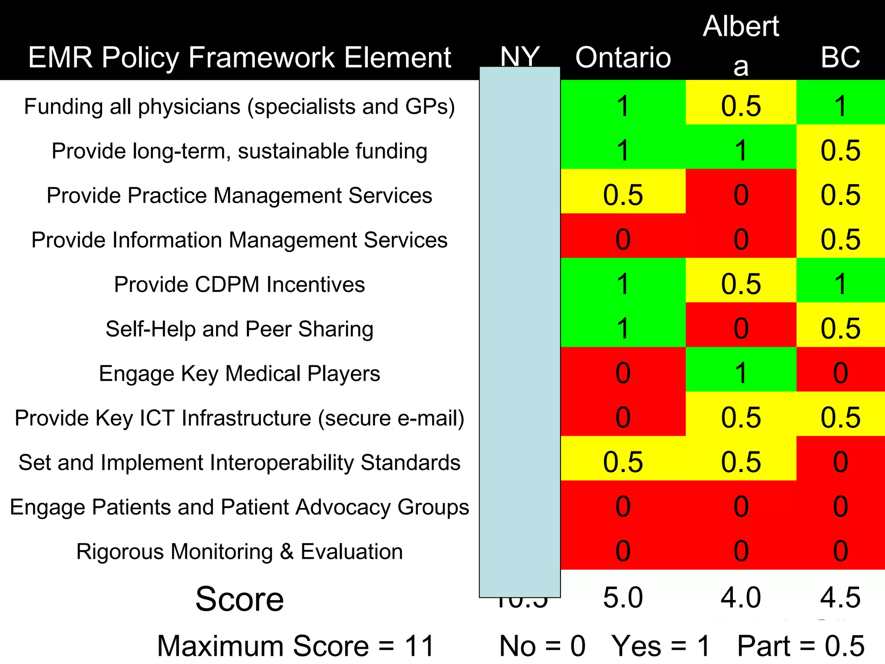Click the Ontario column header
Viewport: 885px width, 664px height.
623,57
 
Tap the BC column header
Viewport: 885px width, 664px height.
840,57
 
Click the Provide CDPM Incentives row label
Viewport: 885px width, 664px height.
239,284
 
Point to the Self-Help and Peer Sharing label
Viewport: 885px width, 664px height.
239,329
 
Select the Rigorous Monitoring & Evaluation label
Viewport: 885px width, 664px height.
239,552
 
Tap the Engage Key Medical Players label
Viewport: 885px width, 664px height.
239,373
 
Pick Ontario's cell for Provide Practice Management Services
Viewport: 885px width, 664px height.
623,195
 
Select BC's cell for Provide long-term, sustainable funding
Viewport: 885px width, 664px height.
840,150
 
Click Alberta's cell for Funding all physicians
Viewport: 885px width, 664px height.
741,106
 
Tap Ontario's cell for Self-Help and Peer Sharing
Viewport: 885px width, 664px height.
623,329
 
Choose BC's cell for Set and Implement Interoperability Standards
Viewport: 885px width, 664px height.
840,462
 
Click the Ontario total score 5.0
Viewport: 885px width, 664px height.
623,598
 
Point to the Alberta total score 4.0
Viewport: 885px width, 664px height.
741,598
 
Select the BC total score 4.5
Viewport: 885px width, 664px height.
840,598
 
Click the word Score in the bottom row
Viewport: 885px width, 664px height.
239,599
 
